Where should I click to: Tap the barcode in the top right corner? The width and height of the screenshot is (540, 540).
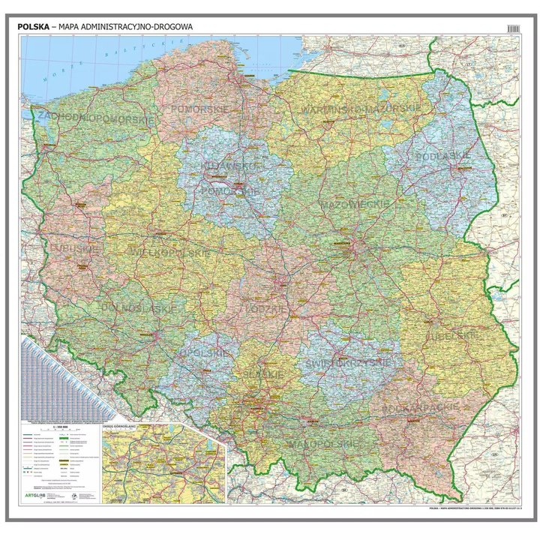pyautogui.click(x=514, y=27)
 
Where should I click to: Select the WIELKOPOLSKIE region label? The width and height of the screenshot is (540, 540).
pyautogui.click(x=159, y=253)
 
